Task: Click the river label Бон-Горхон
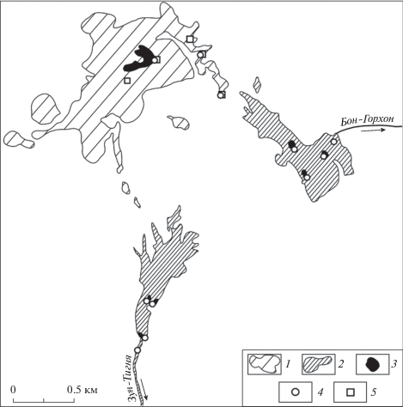(x=367, y=121)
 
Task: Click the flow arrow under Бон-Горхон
(x=373, y=131)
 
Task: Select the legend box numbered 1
(x=265, y=364)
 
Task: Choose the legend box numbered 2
(x=318, y=364)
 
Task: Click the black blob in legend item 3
(x=372, y=365)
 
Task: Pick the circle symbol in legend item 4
(x=295, y=392)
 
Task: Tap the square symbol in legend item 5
(x=351, y=392)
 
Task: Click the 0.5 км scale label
(x=82, y=390)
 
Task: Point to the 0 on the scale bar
(x=13, y=390)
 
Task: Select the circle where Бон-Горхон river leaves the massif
(x=333, y=142)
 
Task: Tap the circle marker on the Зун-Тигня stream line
(x=137, y=350)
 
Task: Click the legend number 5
(x=373, y=392)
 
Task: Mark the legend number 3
(x=394, y=364)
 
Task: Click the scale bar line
(x=44, y=398)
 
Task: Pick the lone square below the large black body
(x=127, y=81)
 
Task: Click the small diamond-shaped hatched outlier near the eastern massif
(x=258, y=85)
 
